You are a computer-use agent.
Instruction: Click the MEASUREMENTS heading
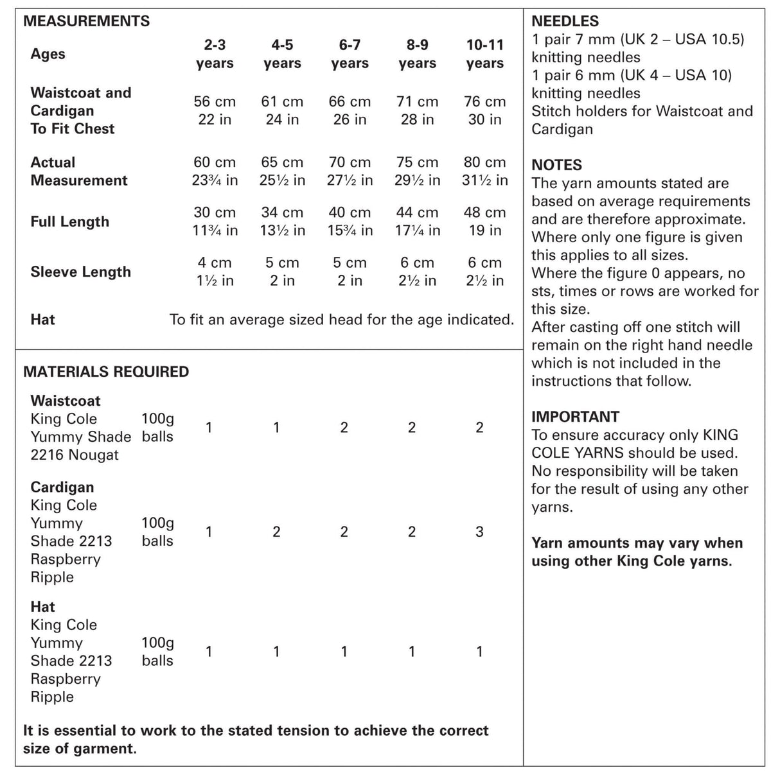point(86,21)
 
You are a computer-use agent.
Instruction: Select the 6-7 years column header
point(350,54)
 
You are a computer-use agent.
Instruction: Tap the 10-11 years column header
point(484,54)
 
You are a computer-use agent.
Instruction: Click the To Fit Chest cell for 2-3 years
point(215,110)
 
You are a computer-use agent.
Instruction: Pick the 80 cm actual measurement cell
point(484,171)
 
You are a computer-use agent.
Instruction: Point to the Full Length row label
point(69,222)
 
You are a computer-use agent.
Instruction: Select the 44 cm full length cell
point(417,222)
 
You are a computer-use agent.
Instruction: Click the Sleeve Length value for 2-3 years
point(215,272)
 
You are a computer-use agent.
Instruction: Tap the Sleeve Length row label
point(80,272)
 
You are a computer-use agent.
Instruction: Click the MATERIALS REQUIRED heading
point(106,372)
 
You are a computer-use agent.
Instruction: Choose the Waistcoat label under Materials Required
point(66,401)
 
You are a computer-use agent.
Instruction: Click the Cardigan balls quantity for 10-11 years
point(479,532)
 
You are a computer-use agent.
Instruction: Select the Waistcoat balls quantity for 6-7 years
point(344,428)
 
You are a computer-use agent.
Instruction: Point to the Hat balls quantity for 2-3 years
point(209,652)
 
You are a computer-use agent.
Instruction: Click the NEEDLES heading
point(565,21)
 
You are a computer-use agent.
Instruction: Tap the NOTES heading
point(556,165)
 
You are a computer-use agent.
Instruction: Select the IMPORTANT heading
point(575,417)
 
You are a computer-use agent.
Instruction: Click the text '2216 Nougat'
point(75,455)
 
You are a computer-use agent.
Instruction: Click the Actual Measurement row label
point(78,171)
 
